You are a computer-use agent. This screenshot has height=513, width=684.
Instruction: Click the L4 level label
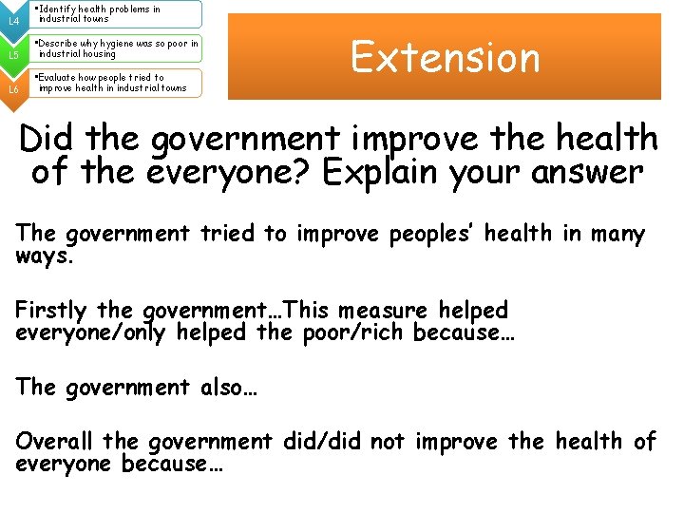(13, 20)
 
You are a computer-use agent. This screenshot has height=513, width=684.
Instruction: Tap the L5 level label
(13, 55)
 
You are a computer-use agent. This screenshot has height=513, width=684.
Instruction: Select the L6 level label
(13, 89)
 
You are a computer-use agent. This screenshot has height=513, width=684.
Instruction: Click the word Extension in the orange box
(445, 57)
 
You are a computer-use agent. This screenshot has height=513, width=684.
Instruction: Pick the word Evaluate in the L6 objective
(59, 78)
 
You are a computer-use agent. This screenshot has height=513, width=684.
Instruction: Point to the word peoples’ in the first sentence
(433, 234)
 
